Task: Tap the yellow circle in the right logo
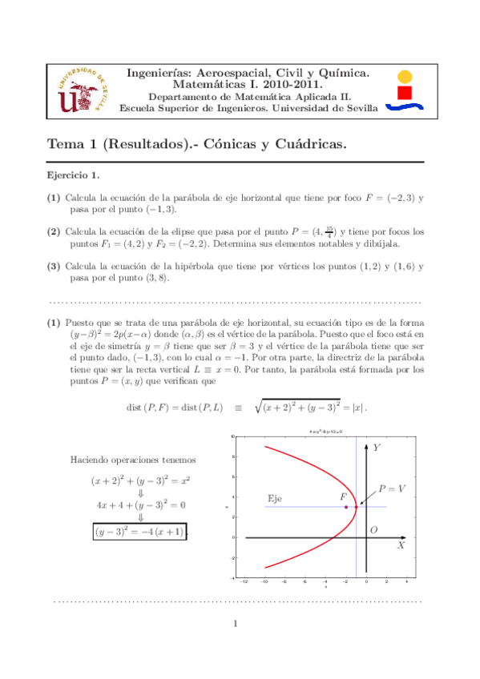tap(405, 77)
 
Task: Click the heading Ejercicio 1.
tap(72, 175)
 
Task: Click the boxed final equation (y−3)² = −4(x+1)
tap(139, 531)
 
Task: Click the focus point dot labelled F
tap(345, 507)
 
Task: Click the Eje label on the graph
tap(275, 499)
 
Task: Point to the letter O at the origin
tap(373, 529)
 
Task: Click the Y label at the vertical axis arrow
tap(375, 445)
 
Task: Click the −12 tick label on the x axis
tap(243, 582)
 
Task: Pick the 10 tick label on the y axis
tap(232, 437)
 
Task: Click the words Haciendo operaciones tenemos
tap(134, 460)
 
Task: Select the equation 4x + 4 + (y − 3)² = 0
tap(139, 504)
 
